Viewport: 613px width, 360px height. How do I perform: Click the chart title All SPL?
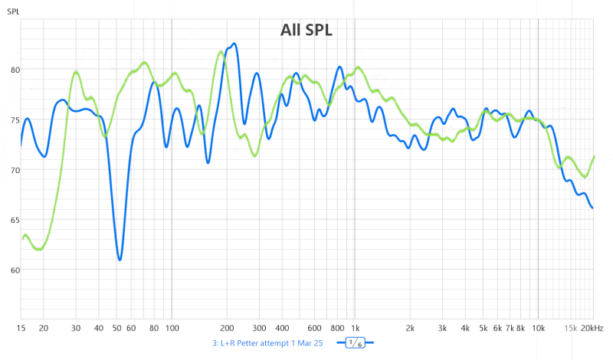[x=306, y=30]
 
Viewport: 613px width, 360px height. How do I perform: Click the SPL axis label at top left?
[x=15, y=9]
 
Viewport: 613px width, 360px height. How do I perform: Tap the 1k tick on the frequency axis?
[x=355, y=328]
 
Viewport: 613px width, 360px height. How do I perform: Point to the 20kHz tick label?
[x=590, y=328]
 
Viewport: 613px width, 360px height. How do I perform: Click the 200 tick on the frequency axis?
[x=227, y=328]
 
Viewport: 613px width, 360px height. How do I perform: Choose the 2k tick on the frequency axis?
[x=410, y=328]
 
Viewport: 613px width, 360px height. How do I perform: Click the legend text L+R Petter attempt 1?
[x=272, y=343]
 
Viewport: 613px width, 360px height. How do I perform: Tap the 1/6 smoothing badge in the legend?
[x=355, y=343]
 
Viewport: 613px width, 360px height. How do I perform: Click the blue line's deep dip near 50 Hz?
[x=120, y=260]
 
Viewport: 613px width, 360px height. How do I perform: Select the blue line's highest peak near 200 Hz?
[x=234, y=44]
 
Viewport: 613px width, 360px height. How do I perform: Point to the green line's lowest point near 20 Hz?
[x=39, y=249]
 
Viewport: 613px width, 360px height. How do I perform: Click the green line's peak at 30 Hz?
[x=76, y=72]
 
